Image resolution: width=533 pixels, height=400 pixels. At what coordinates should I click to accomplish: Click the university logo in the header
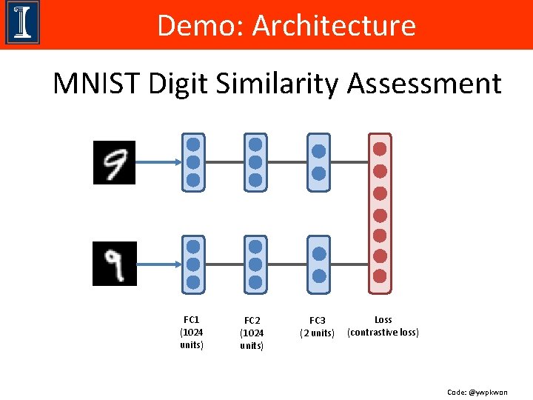pos(22,24)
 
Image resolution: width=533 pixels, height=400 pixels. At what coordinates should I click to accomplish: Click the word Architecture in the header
pos(334,26)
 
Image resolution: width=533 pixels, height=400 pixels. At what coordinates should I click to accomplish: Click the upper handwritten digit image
pos(114,162)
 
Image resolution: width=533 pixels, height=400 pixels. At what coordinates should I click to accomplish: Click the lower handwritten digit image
pos(114,264)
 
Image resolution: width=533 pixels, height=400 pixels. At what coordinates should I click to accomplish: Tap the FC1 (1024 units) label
pos(192,333)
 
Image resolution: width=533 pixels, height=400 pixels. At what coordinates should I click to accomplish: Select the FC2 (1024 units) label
pos(252,333)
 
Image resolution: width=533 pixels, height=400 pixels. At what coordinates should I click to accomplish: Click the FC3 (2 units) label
pos(318,327)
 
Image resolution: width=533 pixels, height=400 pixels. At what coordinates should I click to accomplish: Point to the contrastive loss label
pos(383,326)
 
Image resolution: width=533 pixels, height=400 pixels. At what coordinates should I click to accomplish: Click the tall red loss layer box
pos(380,211)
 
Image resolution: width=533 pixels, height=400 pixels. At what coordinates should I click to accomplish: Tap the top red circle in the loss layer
pos(380,149)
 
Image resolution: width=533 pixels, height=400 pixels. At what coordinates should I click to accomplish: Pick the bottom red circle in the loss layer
pos(380,276)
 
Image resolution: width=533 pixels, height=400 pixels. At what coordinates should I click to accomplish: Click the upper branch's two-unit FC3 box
pos(318,162)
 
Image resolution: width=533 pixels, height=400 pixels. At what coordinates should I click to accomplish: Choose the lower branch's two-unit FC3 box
pos(318,264)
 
